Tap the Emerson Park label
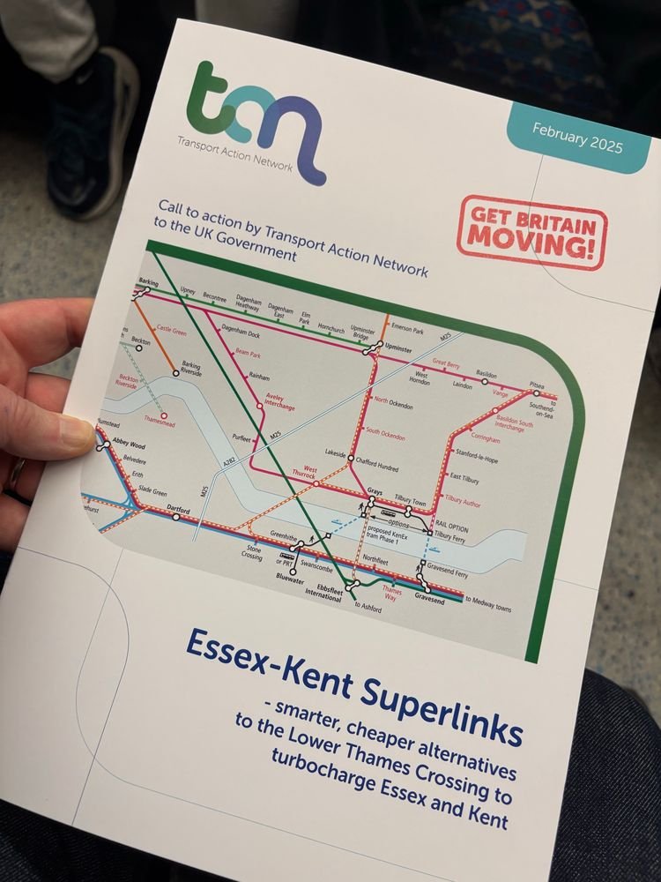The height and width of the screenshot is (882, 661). click(x=407, y=328)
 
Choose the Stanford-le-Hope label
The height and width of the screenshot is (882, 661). click(x=481, y=452)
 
